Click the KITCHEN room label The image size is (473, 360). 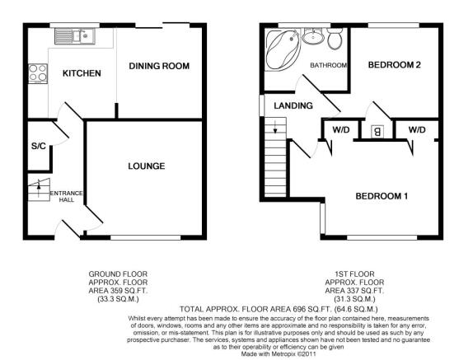tap(82, 73)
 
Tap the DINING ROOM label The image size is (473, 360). tap(159, 66)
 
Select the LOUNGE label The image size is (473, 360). tap(147, 166)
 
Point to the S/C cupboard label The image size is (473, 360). tap(39, 147)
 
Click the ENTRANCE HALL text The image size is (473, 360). tap(67, 196)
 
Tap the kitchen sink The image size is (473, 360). tap(75, 36)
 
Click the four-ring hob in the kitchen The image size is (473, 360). tap(38, 73)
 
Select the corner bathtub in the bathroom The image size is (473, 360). tap(282, 49)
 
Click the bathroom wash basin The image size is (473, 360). tap(313, 36)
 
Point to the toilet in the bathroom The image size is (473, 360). tap(334, 39)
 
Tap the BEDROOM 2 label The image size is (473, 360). tap(394, 65)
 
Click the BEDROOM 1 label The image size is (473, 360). tap(382, 196)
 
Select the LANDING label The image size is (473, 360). tap(293, 105)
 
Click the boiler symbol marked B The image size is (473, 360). tap(377, 132)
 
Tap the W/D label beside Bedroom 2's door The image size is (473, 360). tap(417, 130)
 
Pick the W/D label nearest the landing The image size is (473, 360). tap(341, 130)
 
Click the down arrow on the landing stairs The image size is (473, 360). tap(274, 127)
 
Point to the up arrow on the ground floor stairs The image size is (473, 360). tap(39, 185)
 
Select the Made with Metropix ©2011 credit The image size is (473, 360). tap(279, 354)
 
